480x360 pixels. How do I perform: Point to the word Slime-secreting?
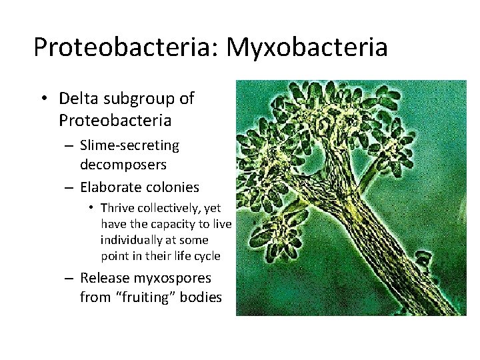pyautogui.click(x=129, y=145)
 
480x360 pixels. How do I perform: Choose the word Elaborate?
pyautogui.click(x=110, y=187)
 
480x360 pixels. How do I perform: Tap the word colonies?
pyautogui.click(x=170, y=187)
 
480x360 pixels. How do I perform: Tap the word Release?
pyautogui.click(x=105, y=277)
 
